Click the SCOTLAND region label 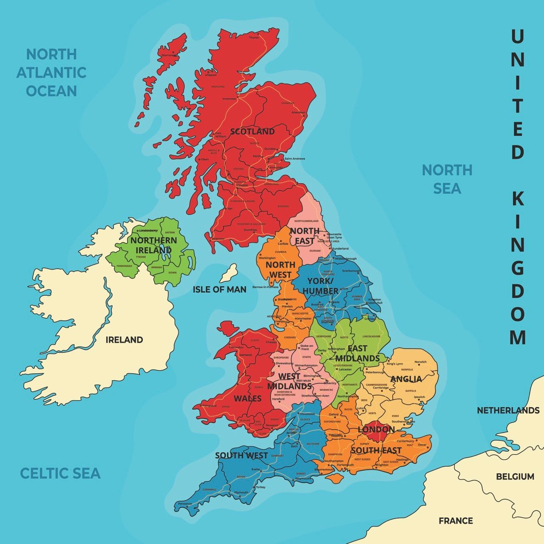coord(252,131)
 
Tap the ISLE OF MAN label coord(219,289)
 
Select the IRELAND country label coord(124,340)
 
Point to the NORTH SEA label coord(447,179)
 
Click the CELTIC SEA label coord(60,473)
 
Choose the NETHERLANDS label coord(508,411)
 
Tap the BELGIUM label coord(515,476)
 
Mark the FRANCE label coord(456,521)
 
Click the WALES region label coord(248,399)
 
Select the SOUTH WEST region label coord(241,455)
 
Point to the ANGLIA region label coord(406,379)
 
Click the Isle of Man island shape coord(228,273)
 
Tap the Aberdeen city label coord(298,113)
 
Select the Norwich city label coord(420,362)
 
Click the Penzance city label coord(185,504)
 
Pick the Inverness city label coord(229,99)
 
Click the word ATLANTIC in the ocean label coord(51,73)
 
